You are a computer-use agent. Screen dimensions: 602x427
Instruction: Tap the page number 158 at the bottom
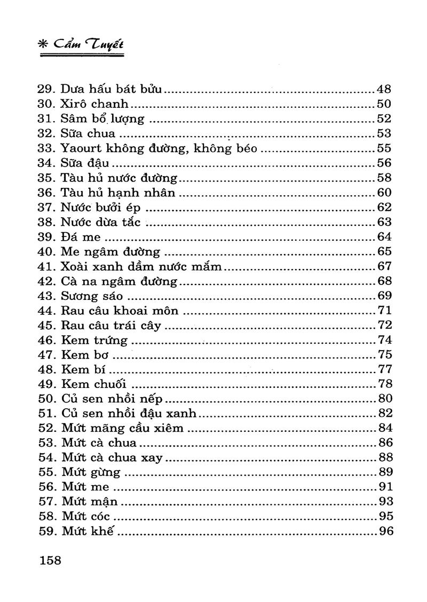pos(50,560)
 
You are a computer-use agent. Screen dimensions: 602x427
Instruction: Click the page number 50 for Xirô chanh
pos(384,104)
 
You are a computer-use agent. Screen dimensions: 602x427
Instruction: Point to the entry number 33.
pos(46,148)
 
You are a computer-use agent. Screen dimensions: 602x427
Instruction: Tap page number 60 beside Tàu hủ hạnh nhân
pos(384,193)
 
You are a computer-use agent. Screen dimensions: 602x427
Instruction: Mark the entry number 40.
pos(46,251)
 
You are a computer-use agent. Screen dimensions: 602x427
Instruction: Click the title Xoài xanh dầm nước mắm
pos(141,266)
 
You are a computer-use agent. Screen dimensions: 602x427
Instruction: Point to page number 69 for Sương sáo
pos(384,296)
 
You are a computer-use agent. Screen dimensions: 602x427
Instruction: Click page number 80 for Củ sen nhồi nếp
pos(384,399)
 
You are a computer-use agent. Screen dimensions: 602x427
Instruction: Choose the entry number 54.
pos(46,457)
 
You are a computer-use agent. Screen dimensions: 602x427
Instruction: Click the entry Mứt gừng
pos(91,472)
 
